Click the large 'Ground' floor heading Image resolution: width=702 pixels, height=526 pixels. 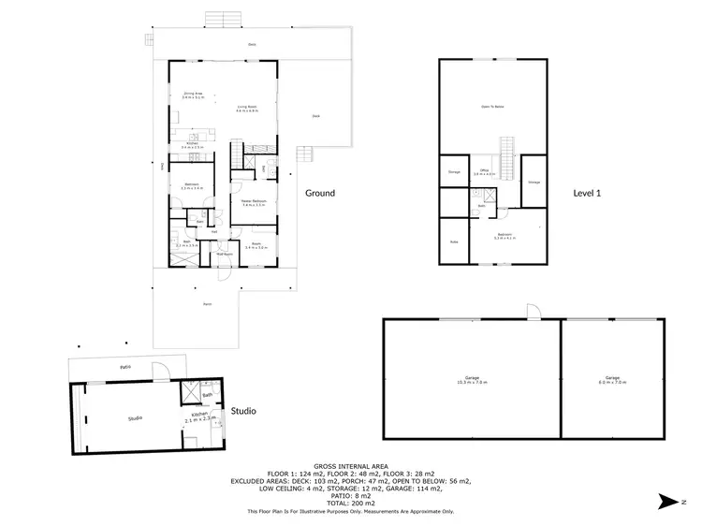(x=320, y=193)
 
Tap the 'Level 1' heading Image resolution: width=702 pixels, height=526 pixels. (x=586, y=193)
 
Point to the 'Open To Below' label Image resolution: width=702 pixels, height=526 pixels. (x=492, y=107)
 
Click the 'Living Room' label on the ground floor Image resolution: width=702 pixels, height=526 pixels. (x=247, y=109)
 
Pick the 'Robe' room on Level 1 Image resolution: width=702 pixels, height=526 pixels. (x=454, y=241)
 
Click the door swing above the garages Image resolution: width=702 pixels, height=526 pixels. (x=532, y=312)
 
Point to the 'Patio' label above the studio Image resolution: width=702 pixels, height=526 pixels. (x=124, y=366)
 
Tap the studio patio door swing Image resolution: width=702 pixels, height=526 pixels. (x=162, y=371)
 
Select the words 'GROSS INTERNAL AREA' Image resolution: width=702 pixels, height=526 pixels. (x=350, y=465)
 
